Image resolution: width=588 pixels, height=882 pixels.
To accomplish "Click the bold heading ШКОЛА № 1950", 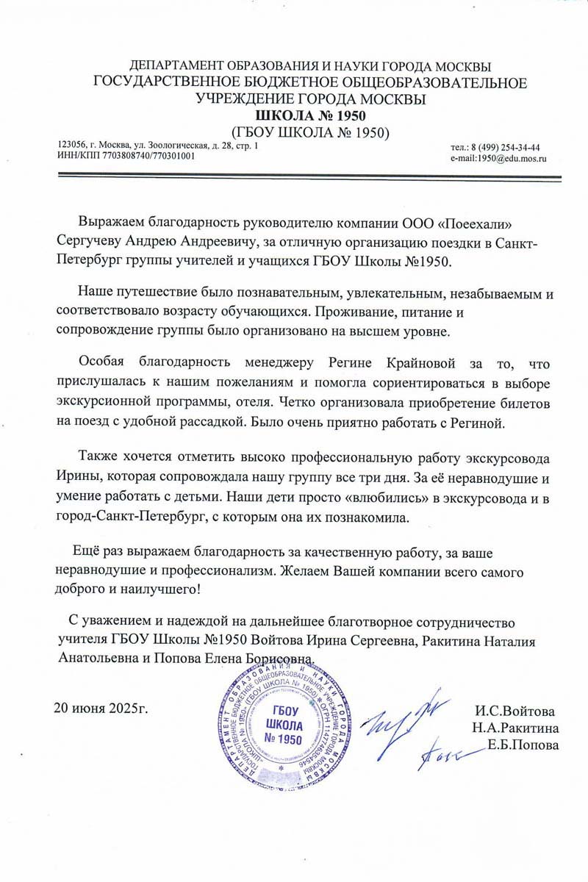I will click(x=309, y=116).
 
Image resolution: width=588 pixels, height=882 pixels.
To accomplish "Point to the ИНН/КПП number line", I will click(x=126, y=157).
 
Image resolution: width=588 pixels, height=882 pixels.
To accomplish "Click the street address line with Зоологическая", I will click(x=157, y=146).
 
